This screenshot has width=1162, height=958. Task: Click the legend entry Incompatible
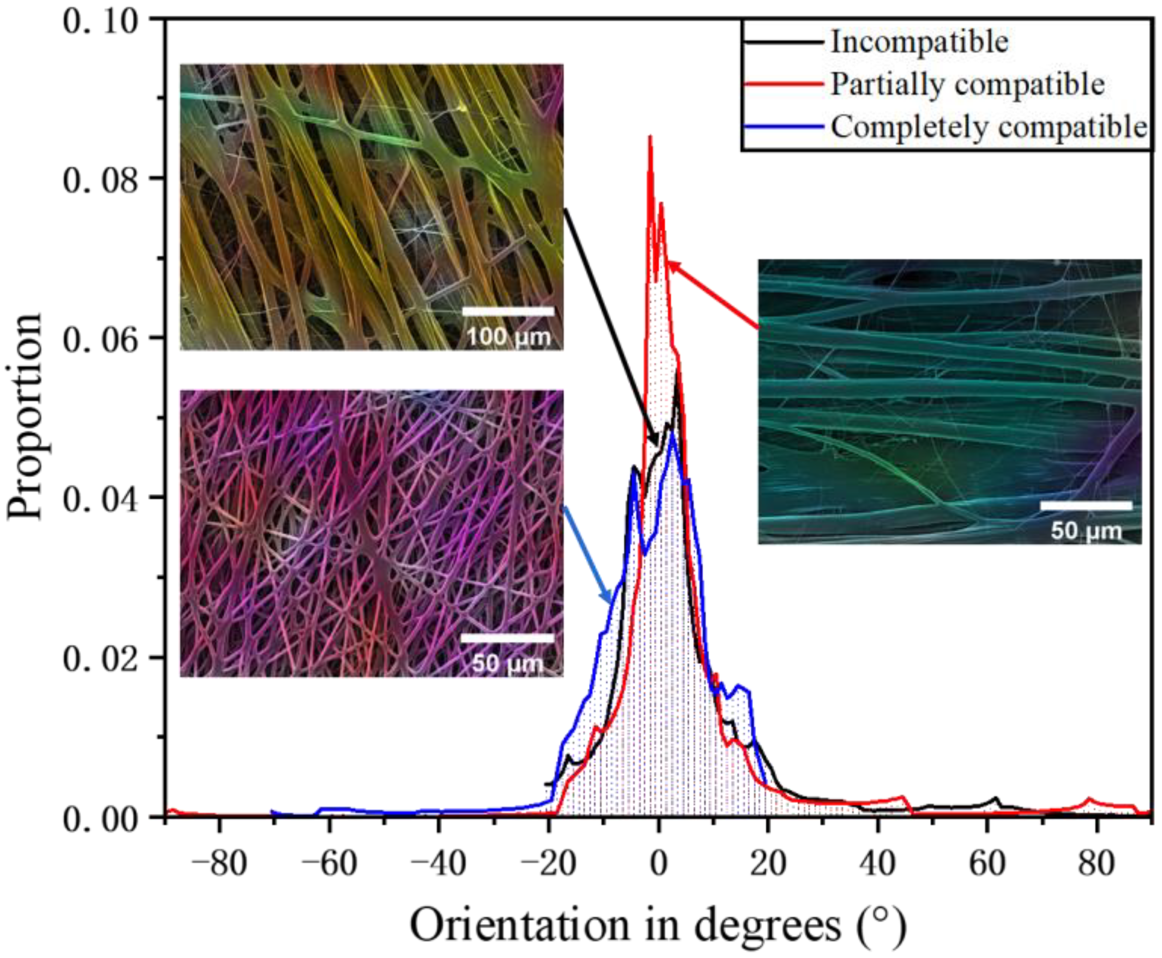tap(920, 42)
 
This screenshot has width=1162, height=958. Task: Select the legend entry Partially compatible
tap(968, 84)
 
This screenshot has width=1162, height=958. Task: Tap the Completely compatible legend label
tap(988, 127)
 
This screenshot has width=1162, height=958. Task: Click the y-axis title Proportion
tap(25, 417)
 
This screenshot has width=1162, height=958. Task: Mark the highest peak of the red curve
tap(650, 137)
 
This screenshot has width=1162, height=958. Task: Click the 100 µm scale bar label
tap(509, 337)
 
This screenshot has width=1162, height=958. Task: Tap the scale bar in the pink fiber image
tap(507, 638)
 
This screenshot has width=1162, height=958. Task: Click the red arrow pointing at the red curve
tap(712, 295)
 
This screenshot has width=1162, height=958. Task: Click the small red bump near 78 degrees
tap(1089, 799)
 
